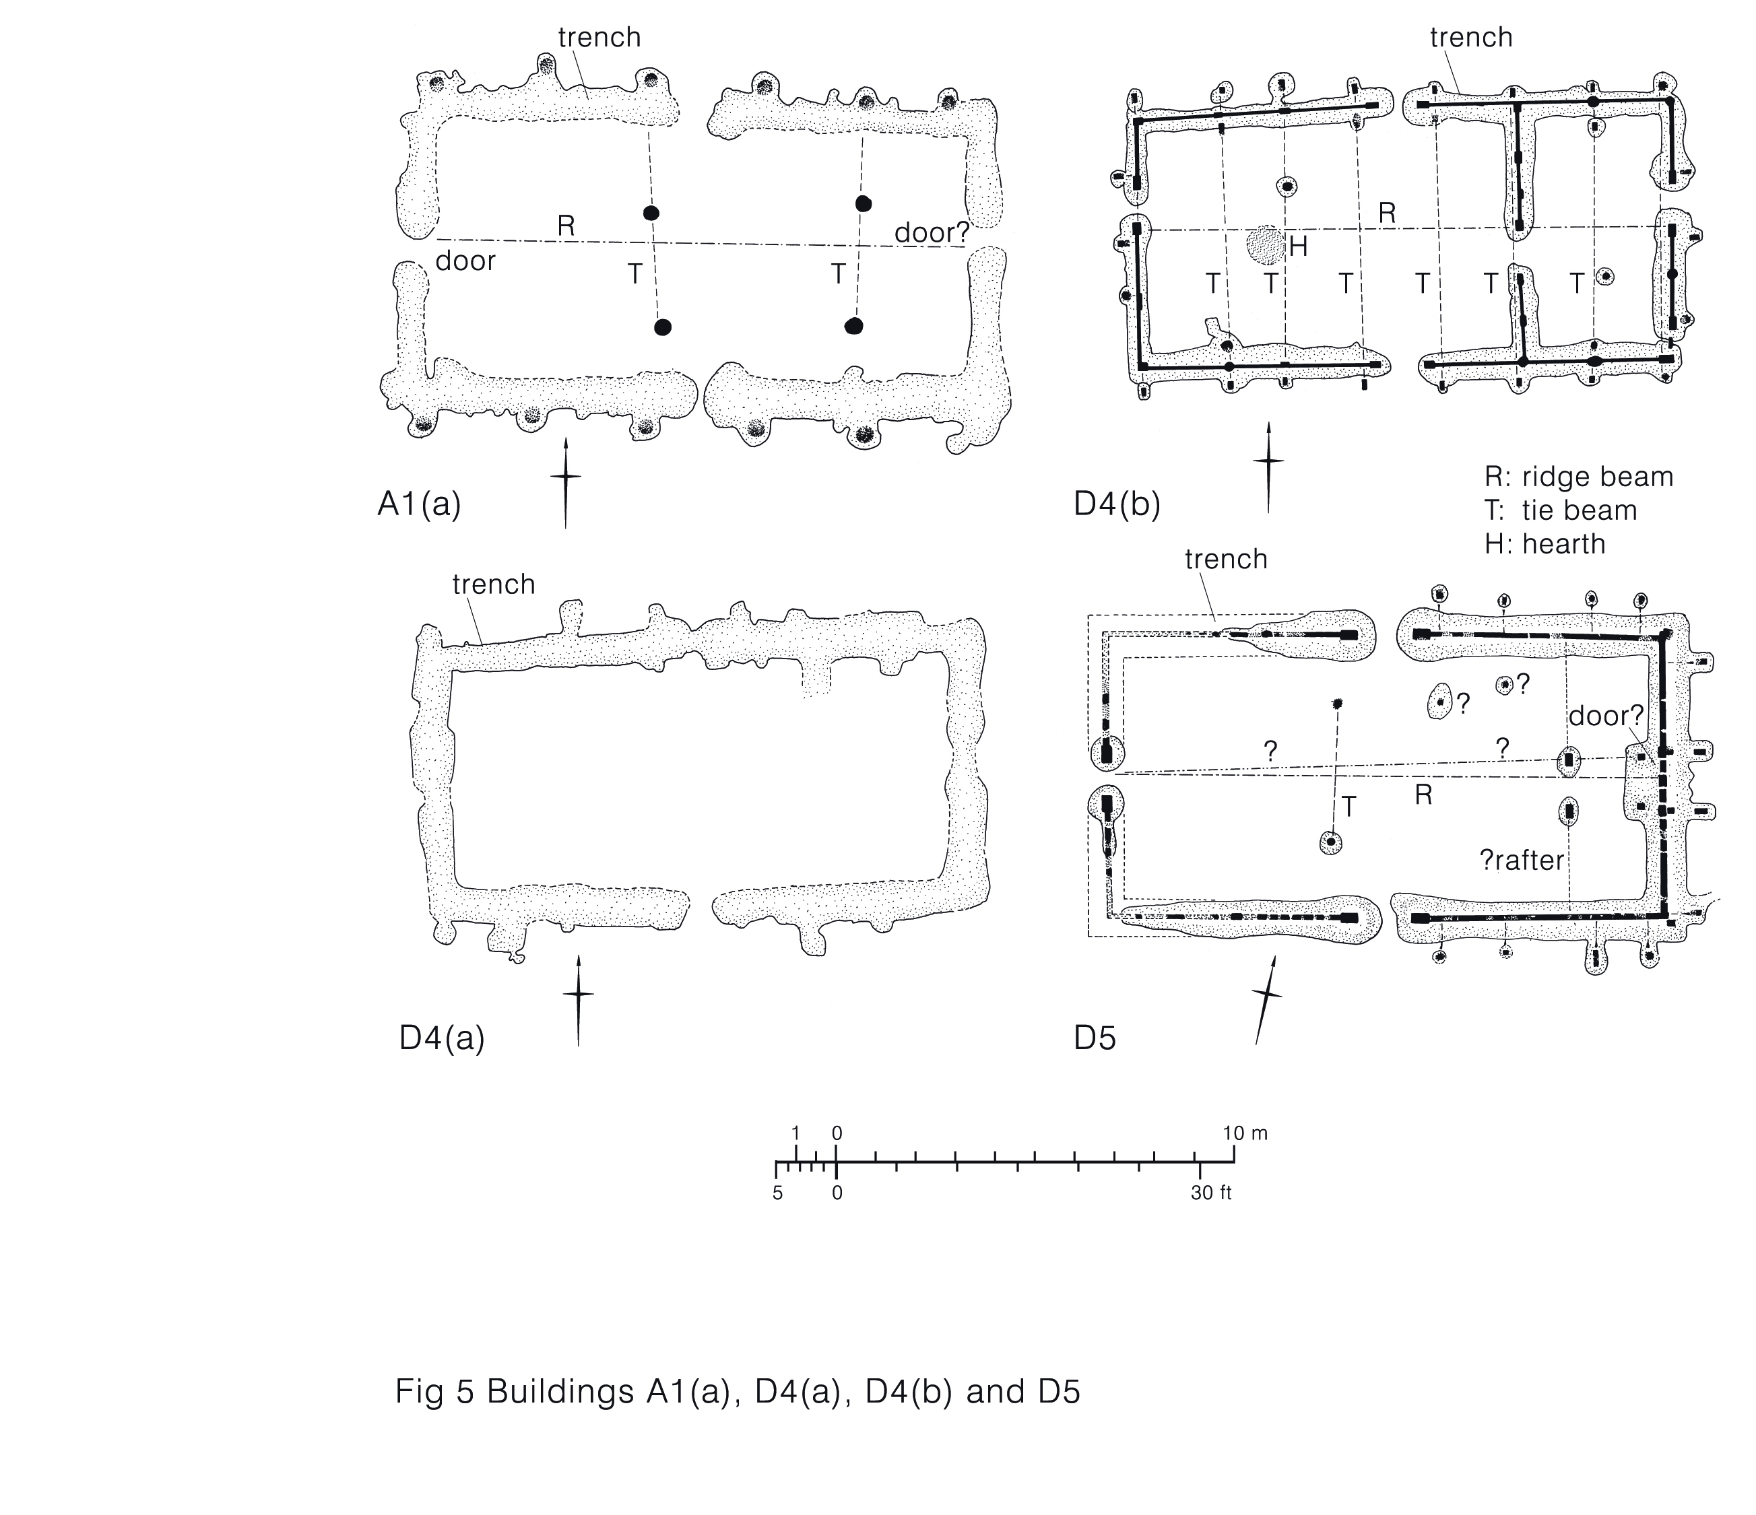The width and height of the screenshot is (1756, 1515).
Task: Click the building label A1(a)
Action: pos(419,505)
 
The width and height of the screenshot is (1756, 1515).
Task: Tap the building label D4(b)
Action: pos(1116,505)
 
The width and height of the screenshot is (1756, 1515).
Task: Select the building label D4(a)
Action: pos(442,1039)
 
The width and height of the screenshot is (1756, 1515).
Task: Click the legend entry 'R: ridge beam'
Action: pos(1579,477)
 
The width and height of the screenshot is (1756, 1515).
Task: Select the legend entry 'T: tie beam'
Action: pos(1561,511)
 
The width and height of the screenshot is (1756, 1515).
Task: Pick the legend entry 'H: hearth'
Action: pos(1545,544)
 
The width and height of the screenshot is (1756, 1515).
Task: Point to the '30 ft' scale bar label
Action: pos(1210,1194)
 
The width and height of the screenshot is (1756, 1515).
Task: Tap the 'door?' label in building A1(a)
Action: pos(932,232)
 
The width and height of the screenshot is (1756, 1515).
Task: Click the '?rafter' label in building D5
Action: pos(1521,861)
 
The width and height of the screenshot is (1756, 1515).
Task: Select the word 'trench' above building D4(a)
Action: pos(493,584)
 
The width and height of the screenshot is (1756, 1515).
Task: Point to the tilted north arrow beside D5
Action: pos(1266,1000)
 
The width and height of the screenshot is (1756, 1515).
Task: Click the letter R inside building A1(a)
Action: pos(565,226)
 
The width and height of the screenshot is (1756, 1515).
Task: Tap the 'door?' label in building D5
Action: pos(1605,716)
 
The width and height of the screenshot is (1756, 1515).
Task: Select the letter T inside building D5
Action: pos(1349,807)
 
